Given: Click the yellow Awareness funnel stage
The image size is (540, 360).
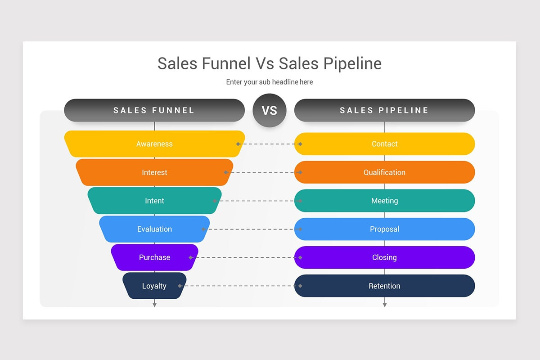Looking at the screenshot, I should (x=154, y=144).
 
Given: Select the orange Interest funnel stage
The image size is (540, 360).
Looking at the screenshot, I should (x=154, y=172).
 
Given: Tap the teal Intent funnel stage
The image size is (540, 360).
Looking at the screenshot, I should (x=154, y=201).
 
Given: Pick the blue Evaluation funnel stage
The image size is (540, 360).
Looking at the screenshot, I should (x=154, y=229).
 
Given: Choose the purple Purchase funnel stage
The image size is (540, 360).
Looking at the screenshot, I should (x=154, y=257).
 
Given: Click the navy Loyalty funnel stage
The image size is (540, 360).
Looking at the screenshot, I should (x=154, y=286).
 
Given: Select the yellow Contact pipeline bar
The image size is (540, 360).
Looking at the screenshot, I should (x=384, y=144).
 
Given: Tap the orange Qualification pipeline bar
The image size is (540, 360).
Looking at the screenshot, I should (x=384, y=172).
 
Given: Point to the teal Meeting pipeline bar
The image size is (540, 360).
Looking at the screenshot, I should (x=384, y=201).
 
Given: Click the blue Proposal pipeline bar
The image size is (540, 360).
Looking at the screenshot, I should (x=384, y=229).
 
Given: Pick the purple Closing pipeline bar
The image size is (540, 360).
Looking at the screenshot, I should (x=384, y=257).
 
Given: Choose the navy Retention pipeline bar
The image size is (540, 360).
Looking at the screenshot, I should (x=384, y=286).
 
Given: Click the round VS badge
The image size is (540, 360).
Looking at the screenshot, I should (x=270, y=110).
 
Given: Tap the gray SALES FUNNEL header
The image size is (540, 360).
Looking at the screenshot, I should (x=154, y=110).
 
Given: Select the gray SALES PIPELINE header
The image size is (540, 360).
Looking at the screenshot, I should (x=384, y=110).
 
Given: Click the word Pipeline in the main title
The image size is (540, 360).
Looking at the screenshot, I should (x=352, y=63).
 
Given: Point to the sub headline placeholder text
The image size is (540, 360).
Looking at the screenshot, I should (x=270, y=82).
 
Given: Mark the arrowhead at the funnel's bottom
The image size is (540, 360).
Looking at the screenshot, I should (x=154, y=305).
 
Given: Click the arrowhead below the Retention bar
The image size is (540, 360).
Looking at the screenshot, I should (x=384, y=305).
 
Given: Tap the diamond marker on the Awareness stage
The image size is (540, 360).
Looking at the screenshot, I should (x=238, y=144).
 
